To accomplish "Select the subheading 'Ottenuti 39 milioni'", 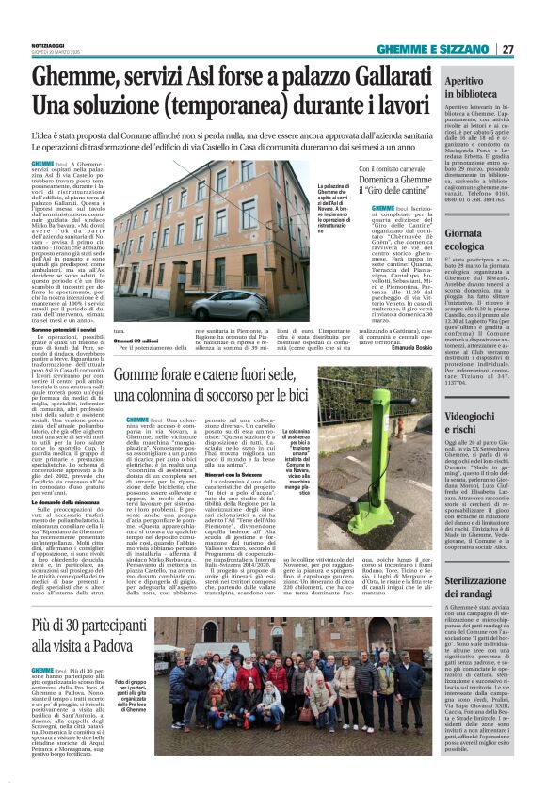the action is click(136, 339).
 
